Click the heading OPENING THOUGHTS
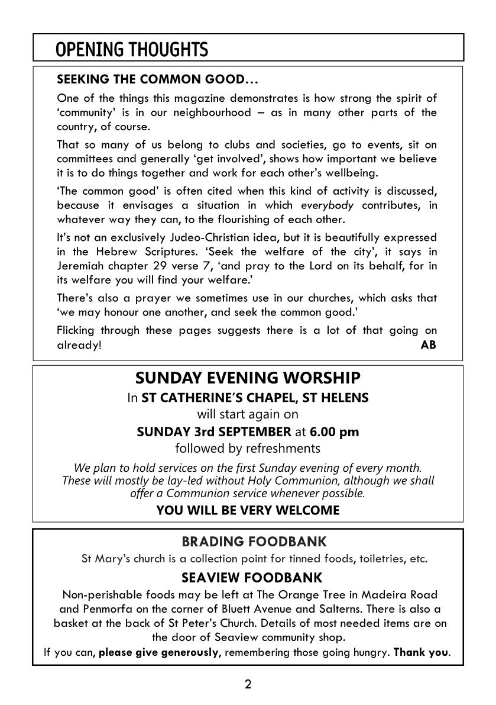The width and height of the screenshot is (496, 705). [x=132, y=50]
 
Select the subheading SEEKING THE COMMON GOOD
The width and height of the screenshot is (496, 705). [x=157, y=79]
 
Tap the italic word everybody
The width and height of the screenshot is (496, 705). [x=327, y=205]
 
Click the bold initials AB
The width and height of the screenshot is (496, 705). [x=428, y=345]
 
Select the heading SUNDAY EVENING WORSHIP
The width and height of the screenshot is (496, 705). [x=248, y=378]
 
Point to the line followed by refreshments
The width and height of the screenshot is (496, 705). [x=248, y=449]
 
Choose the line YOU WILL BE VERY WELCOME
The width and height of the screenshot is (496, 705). [x=248, y=510]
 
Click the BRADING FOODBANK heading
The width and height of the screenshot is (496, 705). [x=254, y=541]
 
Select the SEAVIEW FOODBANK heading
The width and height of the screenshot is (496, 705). [x=252, y=577]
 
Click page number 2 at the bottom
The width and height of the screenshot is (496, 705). [x=248, y=685]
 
